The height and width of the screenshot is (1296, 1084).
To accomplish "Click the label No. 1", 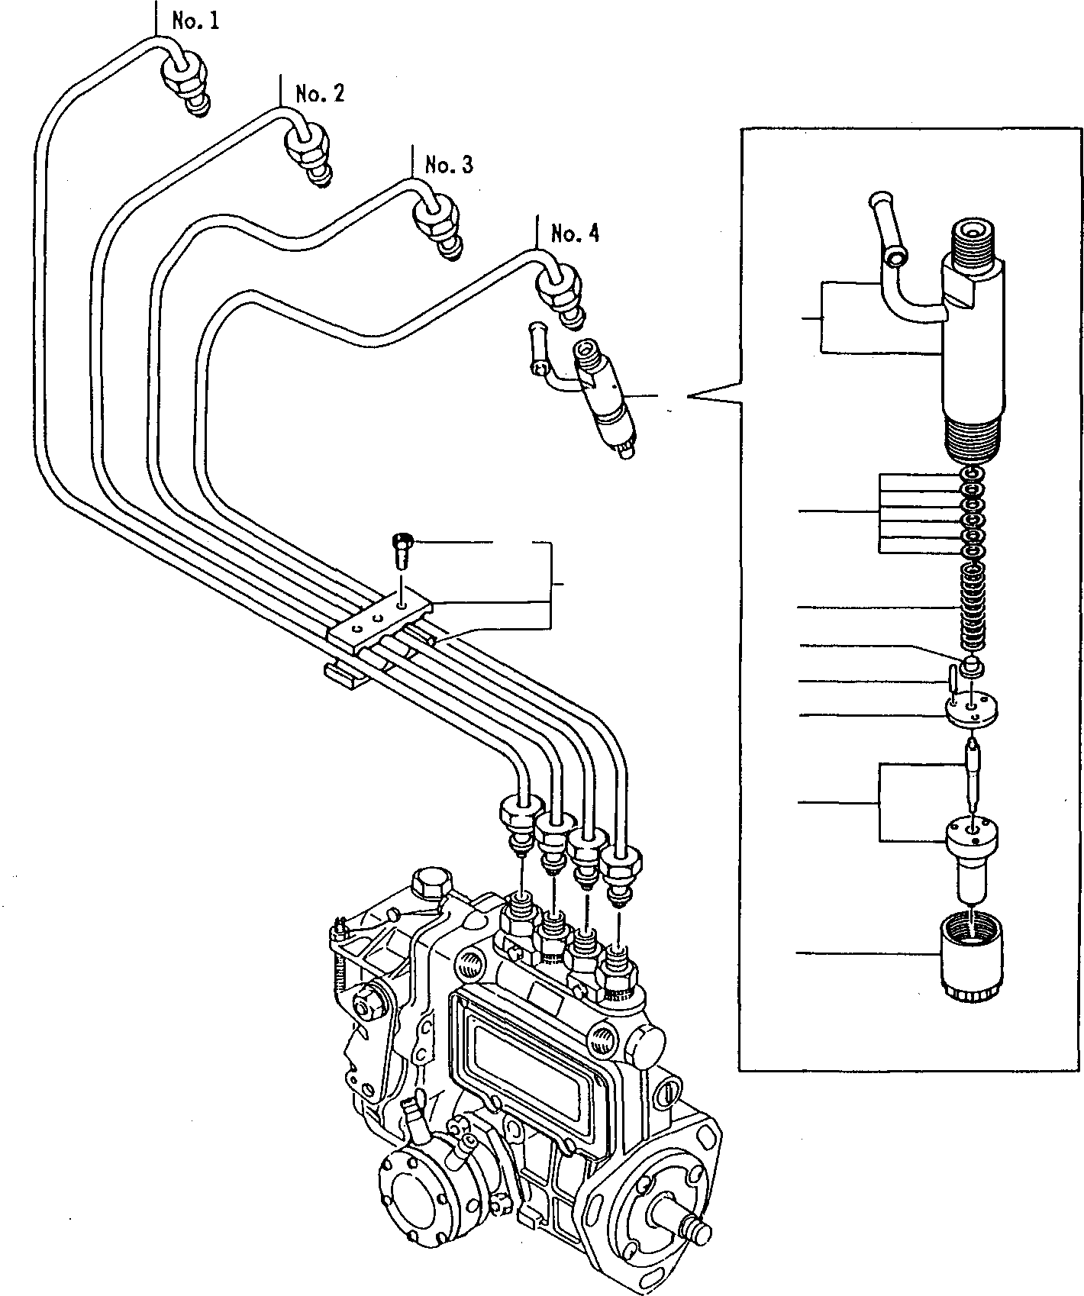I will point(195,21).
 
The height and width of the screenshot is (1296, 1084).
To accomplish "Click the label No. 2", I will point(320,93).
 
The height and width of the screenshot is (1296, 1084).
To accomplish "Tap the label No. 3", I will point(449,164).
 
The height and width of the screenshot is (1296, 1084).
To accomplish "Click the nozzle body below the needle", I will point(973,855).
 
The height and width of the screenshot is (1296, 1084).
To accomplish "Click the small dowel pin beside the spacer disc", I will point(953,679).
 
